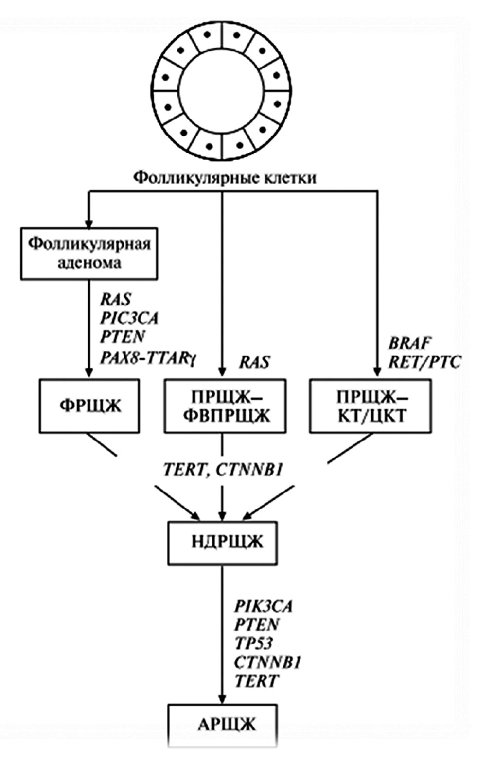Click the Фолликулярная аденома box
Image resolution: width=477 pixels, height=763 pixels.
(x=89, y=253)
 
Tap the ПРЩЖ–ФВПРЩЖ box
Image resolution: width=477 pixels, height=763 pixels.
(x=223, y=406)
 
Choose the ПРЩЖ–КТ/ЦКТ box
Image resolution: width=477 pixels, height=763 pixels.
(x=370, y=406)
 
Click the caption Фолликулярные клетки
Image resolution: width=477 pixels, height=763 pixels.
(x=225, y=178)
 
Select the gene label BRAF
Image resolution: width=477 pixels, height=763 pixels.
(x=409, y=343)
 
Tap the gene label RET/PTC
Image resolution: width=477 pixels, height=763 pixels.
(x=424, y=362)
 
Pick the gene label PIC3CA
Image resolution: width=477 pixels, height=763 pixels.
(x=129, y=318)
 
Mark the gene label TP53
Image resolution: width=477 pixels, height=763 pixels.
(x=253, y=643)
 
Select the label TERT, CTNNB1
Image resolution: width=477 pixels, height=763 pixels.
(x=223, y=470)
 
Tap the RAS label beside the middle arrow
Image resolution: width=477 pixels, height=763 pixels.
(x=254, y=362)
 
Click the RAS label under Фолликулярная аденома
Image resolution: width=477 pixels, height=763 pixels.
(x=116, y=299)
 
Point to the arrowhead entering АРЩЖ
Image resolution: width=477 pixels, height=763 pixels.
(x=222, y=699)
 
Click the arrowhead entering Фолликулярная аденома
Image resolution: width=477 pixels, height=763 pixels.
(x=88, y=223)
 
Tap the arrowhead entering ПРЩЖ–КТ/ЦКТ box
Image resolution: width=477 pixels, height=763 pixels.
(x=377, y=373)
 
